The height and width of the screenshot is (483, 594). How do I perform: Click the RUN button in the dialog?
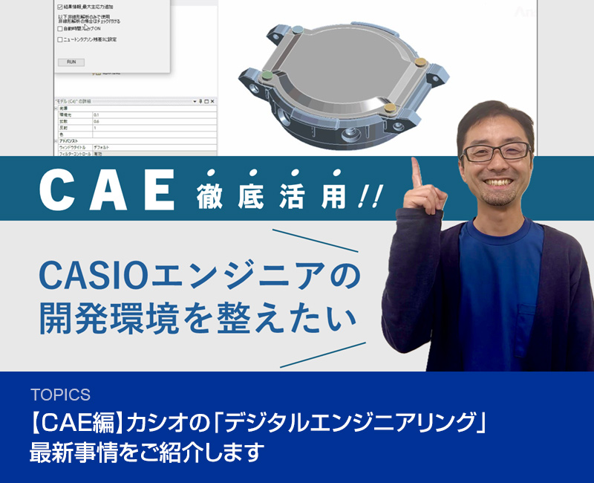(71, 62)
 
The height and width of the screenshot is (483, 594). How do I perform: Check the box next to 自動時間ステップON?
(60, 29)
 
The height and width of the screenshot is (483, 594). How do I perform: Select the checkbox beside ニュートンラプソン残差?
(60, 39)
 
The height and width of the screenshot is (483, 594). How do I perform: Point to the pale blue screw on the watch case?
(296, 30)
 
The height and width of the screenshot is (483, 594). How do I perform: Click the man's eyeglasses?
(495, 152)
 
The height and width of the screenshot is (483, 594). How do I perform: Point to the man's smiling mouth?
(499, 183)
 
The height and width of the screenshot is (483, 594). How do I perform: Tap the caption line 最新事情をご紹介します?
(146, 452)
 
